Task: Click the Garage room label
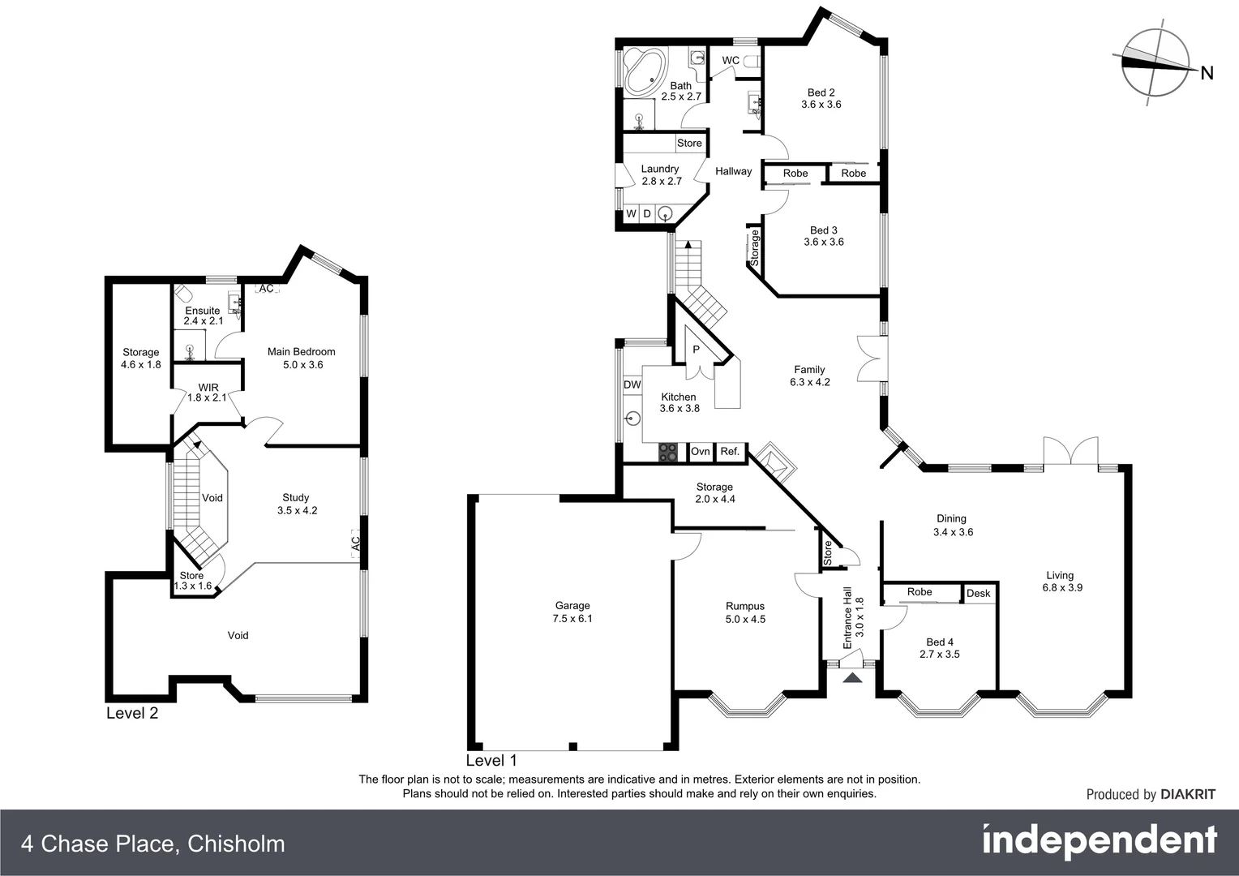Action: pyautogui.click(x=572, y=606)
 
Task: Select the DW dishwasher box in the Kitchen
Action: pyautogui.click(x=632, y=384)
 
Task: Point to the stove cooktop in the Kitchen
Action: pyautogui.click(x=668, y=452)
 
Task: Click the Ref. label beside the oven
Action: pyautogui.click(x=730, y=452)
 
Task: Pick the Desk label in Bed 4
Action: pyautogui.click(x=978, y=593)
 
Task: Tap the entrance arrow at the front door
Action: pyautogui.click(x=852, y=678)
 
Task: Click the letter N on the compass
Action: pyautogui.click(x=1207, y=73)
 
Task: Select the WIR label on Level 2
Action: pyautogui.click(x=208, y=387)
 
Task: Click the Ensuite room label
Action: pyautogui.click(x=203, y=311)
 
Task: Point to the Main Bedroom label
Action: pyautogui.click(x=301, y=351)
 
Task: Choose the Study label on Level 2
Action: pyautogui.click(x=296, y=497)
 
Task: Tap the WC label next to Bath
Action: pyautogui.click(x=731, y=61)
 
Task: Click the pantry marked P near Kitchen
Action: pyautogui.click(x=696, y=350)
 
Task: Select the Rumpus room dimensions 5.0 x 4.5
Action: pyautogui.click(x=745, y=619)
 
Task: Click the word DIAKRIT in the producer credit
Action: pyautogui.click(x=1188, y=794)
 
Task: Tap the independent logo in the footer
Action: pyautogui.click(x=1100, y=842)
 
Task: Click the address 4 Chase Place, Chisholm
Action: pyautogui.click(x=153, y=844)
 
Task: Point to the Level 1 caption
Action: pyautogui.click(x=491, y=760)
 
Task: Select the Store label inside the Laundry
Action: pyautogui.click(x=689, y=143)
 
